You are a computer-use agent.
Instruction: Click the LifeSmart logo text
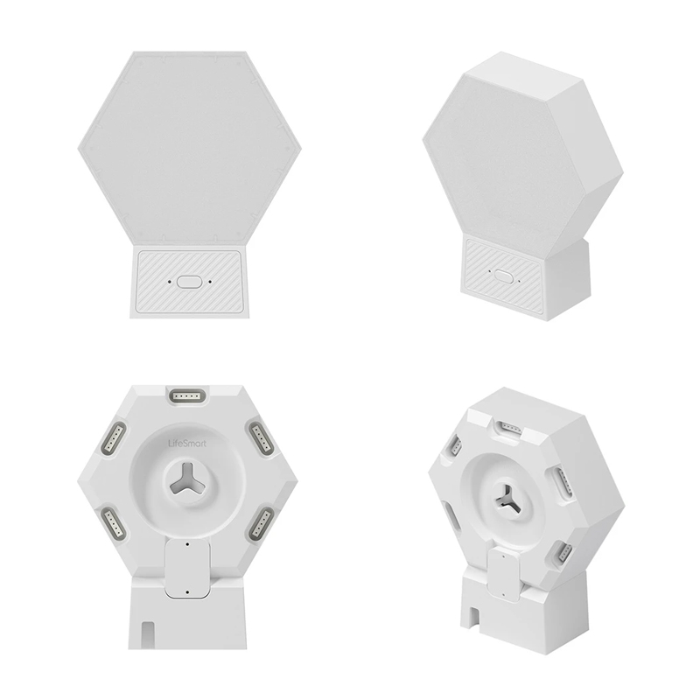coord(187,444)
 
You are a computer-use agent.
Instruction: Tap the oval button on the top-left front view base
coord(189,282)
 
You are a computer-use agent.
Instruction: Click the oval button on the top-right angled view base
coord(504,276)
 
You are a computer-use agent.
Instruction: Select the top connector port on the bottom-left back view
coord(187,395)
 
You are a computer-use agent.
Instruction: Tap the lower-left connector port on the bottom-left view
coord(115,522)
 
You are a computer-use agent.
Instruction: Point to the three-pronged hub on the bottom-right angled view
coord(508,498)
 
